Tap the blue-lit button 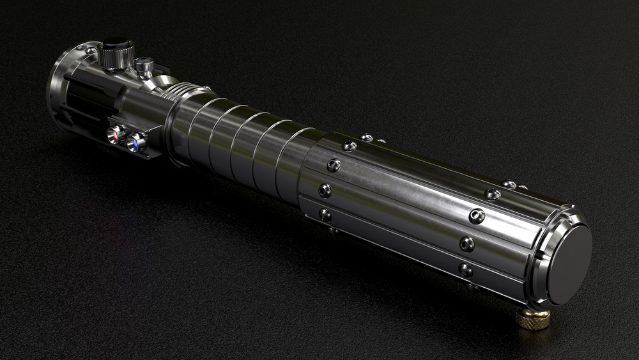135,142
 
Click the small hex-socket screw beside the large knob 144,65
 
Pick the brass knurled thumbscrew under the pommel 533,317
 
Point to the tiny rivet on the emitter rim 91,50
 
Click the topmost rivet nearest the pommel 509,184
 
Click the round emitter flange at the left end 58,90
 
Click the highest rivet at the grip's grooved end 366,137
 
